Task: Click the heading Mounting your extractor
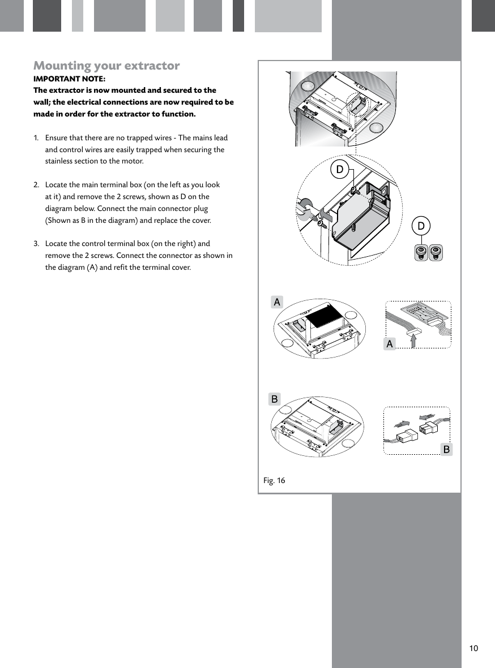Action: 106,66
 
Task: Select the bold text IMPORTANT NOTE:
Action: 69,79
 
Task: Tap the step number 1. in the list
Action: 36,138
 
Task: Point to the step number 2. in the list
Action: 36,185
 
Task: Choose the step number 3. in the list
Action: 36,244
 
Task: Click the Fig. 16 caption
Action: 274,481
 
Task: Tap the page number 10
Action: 473,648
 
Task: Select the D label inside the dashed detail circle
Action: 339,169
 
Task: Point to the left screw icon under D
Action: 420,252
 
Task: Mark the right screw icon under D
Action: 435,252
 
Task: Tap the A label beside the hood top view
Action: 276,302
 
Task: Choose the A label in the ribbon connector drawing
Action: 389,343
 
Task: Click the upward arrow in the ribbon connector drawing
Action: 413,339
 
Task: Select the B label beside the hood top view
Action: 274,399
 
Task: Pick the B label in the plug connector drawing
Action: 446,450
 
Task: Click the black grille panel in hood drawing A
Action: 325,315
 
